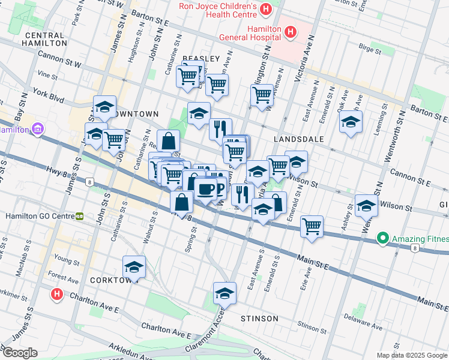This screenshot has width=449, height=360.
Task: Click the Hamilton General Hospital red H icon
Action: pyautogui.click(x=291, y=31)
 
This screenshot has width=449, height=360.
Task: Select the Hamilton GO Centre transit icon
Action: pyautogui.click(x=79, y=216)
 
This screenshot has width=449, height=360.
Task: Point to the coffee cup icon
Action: pyautogui.click(x=206, y=189)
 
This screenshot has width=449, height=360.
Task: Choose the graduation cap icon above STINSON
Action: pyautogui.click(x=224, y=293)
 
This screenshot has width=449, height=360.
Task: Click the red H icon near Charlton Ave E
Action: pyautogui.click(x=56, y=295)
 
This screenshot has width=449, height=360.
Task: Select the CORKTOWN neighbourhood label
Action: pyautogui.click(x=110, y=280)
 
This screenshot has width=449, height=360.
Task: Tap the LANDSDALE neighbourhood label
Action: pyautogui.click(x=298, y=139)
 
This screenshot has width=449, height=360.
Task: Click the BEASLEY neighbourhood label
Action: pyautogui.click(x=201, y=58)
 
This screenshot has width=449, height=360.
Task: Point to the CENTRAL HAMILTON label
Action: pyautogui.click(x=44, y=39)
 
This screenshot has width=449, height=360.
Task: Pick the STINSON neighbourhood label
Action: pyautogui.click(x=259, y=318)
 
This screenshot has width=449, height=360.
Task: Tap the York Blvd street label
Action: pyautogui.click(x=48, y=94)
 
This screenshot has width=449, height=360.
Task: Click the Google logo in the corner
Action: pyautogui.click(x=20, y=353)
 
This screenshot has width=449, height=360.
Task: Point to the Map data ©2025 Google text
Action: pyautogui.click(x=412, y=355)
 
